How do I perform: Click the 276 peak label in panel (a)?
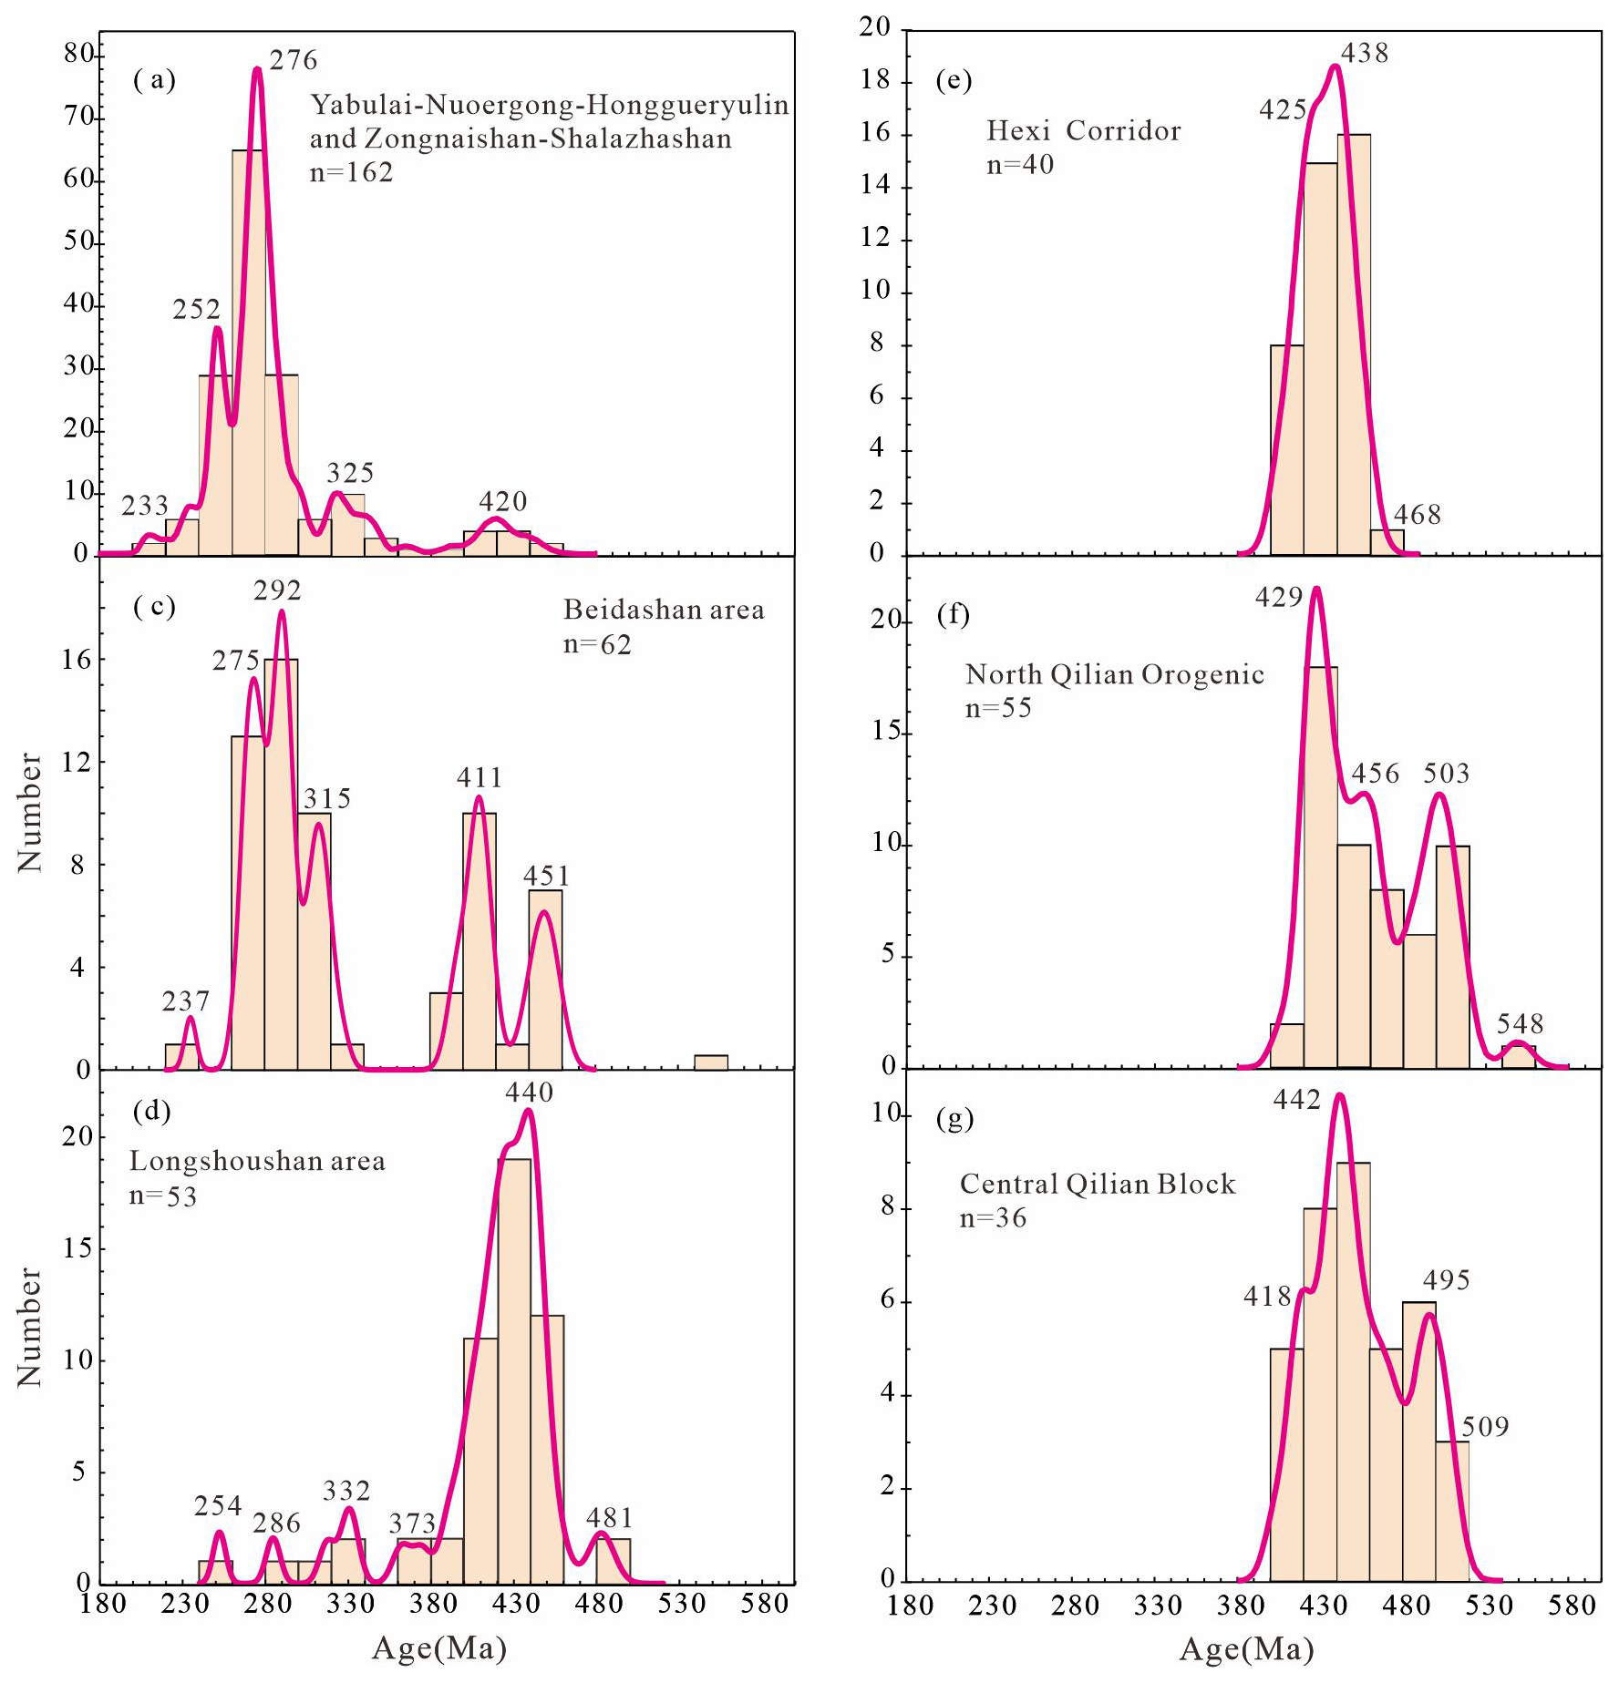tap(294, 60)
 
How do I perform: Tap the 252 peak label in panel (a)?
tap(197, 310)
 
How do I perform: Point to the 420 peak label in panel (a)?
tap(503, 501)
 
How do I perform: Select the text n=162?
tap(351, 172)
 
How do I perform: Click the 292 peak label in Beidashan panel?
tap(277, 590)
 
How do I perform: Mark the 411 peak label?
tap(480, 777)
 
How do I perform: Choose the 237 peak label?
tap(186, 1001)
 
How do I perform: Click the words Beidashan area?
tap(664, 610)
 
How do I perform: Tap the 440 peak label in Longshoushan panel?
tap(530, 1092)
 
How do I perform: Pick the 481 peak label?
tap(609, 1518)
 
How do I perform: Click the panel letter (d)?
tap(152, 1111)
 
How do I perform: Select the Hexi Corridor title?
tap(1083, 131)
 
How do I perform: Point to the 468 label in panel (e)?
tap(1418, 515)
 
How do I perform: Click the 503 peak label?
tap(1447, 774)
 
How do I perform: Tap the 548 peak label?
tap(1520, 1023)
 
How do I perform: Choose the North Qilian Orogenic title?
tap(1114, 674)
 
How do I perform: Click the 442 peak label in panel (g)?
tap(1297, 1100)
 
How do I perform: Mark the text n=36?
tap(993, 1218)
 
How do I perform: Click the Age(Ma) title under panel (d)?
tap(439, 1648)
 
